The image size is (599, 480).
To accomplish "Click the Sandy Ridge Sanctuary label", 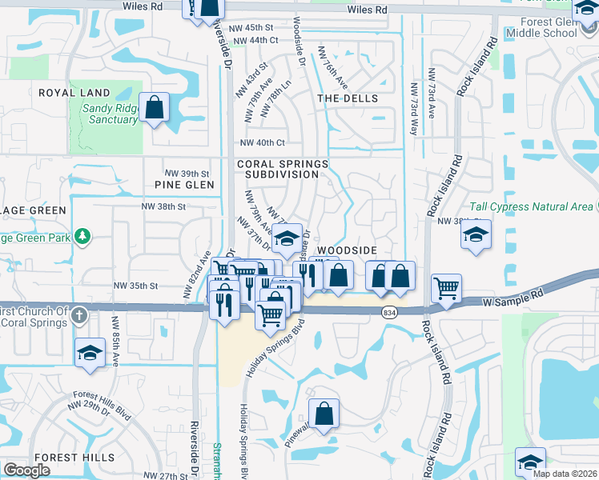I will [x=111, y=113].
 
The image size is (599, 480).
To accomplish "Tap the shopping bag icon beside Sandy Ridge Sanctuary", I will [x=154, y=107].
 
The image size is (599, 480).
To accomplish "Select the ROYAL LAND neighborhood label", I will [x=74, y=93].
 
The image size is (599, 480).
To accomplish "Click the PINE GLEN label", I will [x=185, y=185].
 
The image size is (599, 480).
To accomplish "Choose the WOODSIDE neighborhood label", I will [x=348, y=250].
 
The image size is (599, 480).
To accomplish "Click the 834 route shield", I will [x=390, y=312].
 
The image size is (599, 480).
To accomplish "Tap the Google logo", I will [x=26, y=470].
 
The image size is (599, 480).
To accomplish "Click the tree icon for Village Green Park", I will [x=82, y=236].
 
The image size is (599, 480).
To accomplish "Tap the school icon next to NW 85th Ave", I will [x=90, y=352].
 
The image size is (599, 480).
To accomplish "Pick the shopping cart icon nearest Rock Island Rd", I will [x=446, y=288].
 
